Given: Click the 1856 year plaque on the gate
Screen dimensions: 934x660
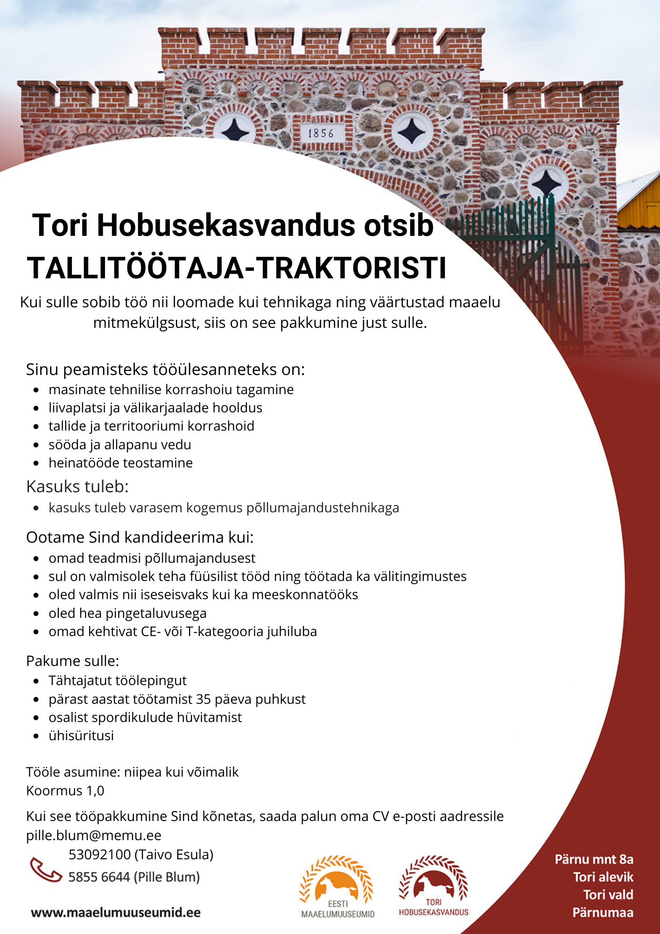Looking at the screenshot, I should point(321,134).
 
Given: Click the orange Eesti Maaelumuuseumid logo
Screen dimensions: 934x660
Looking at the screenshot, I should point(337,885).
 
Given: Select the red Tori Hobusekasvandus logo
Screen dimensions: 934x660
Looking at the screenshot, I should point(433,885).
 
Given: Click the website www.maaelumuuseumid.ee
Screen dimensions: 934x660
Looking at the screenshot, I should point(116,913).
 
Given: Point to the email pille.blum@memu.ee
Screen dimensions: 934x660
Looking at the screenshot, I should point(94,835).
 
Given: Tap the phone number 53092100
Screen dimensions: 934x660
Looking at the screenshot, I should point(100,855).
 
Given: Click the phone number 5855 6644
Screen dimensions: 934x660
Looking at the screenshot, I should point(99,877).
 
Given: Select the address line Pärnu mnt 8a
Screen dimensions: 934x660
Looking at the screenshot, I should point(594,859).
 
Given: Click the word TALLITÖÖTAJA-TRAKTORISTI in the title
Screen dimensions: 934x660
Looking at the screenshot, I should point(237,268).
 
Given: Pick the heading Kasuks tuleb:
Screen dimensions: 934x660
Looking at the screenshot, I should point(77,487).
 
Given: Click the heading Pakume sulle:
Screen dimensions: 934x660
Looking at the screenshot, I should point(73,661).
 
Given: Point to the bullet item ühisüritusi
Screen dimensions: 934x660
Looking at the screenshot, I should point(81,736).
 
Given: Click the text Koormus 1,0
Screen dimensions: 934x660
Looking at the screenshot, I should point(65,791).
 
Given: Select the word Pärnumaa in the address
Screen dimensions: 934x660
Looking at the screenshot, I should point(603,913).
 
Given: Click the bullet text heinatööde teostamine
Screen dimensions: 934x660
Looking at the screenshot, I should point(120,463).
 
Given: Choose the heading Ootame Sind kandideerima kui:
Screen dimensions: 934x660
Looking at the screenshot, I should point(140,537).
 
